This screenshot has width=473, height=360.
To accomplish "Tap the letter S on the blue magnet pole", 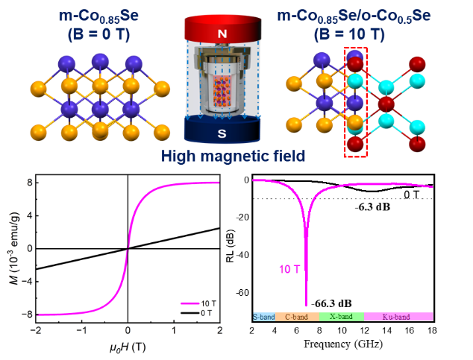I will [x=221, y=133].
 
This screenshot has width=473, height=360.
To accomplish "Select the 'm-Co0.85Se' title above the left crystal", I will [x=100, y=14].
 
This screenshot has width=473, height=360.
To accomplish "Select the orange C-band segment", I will [x=296, y=317].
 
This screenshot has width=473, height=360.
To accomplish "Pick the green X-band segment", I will [x=340, y=317].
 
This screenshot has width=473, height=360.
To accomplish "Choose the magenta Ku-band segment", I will [x=398, y=317].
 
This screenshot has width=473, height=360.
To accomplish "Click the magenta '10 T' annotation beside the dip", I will [x=290, y=269].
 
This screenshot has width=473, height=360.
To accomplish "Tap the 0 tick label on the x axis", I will [x=128, y=330].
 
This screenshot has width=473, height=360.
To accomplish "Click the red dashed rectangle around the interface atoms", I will [x=355, y=102].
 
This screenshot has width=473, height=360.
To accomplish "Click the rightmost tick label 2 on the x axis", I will [x=219, y=330].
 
